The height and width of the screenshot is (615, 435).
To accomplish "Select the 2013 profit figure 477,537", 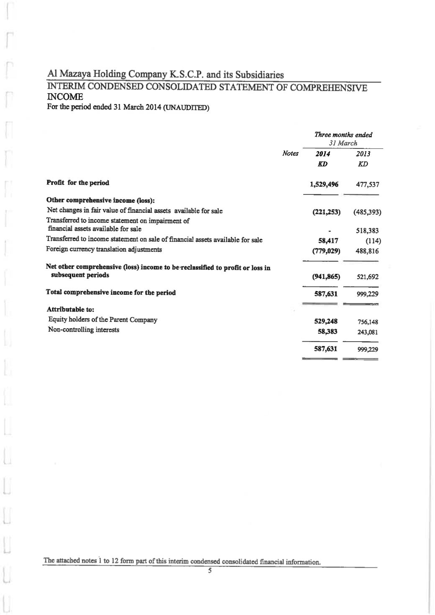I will click(367, 184).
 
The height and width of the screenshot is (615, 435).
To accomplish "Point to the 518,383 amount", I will click(367, 230).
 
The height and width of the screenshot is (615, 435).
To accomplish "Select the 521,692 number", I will click(367, 277).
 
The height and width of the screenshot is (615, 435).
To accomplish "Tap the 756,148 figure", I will click(367, 322).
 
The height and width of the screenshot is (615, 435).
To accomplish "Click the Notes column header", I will click(290, 153).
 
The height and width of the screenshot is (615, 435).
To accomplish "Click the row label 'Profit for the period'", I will click(78, 183).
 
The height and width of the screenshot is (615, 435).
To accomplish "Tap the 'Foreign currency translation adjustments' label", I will click(104, 250).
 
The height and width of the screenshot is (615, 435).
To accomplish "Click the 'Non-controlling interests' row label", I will click(84, 330).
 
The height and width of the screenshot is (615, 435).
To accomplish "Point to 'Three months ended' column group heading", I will click(343, 135).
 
